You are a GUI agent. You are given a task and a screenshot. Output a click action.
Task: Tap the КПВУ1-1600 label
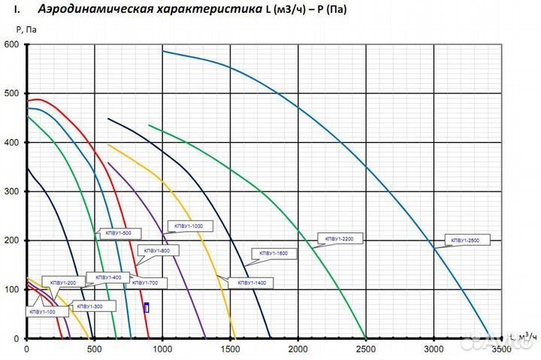click(x=274, y=254)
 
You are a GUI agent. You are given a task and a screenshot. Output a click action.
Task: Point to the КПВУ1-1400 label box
click(x=252, y=283)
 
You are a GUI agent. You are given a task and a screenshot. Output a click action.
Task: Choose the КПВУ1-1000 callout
click(x=188, y=225)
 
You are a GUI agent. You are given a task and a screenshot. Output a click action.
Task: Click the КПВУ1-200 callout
click(x=63, y=283)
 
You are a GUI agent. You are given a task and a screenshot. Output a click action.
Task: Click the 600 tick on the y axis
click(x=11, y=44)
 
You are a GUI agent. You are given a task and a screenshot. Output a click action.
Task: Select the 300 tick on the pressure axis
click(x=11, y=192)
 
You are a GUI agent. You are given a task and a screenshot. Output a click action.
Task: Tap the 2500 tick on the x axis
click(x=366, y=349)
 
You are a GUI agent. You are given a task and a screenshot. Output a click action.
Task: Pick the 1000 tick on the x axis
click(x=162, y=349)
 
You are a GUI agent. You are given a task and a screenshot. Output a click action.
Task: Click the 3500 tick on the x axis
click(x=501, y=349)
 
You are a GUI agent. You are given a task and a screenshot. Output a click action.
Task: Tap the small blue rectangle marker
click(x=147, y=307)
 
